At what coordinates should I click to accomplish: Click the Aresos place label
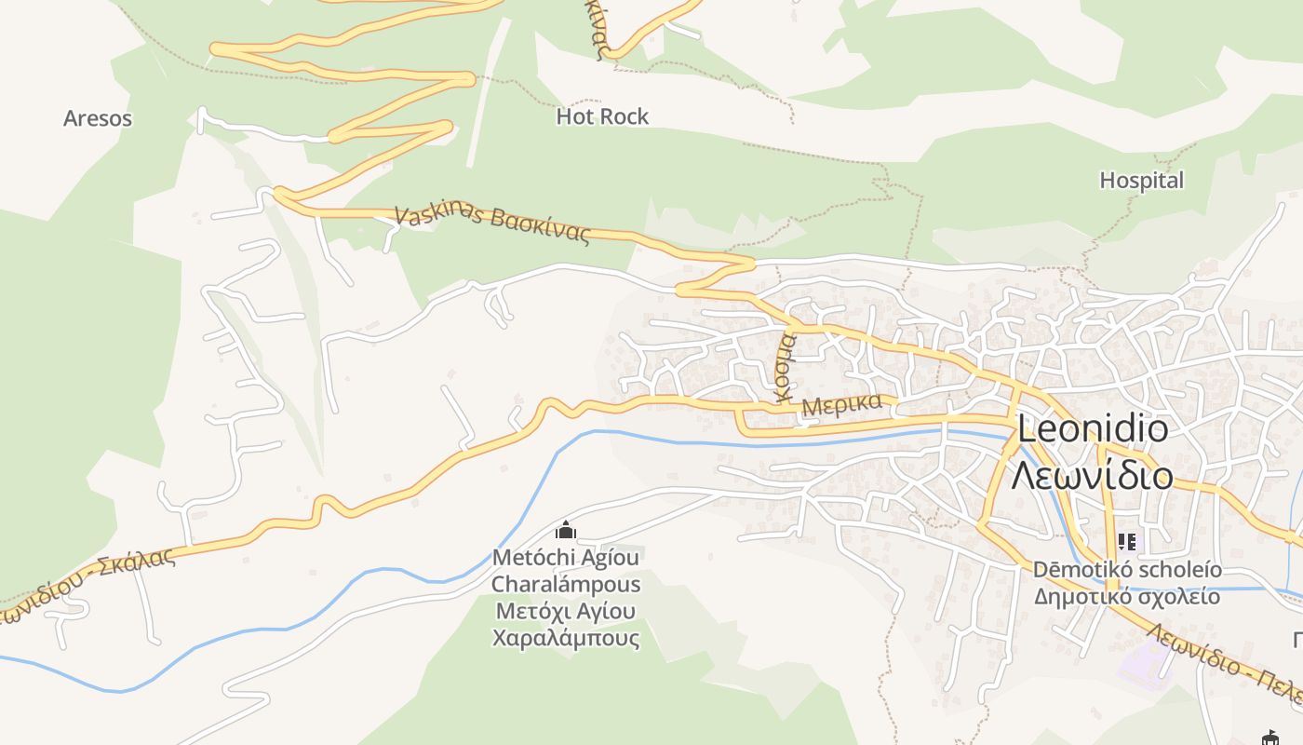coord(98,119)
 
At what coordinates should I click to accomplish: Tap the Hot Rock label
coord(602,116)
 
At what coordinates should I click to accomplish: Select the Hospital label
coord(1141,181)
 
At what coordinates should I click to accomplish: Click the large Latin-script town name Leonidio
coord(1093,429)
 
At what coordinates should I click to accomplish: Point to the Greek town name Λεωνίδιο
coord(1092,475)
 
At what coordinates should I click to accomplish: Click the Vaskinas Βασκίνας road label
coord(492,224)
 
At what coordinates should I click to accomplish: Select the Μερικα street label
coord(840,405)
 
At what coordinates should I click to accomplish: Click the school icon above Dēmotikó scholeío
coord(1127,541)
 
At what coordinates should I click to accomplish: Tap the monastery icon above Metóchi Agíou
coord(565,531)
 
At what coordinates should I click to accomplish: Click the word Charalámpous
coord(566,585)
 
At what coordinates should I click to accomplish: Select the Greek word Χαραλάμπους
coord(566,638)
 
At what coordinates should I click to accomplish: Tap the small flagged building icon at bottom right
coord(1269,738)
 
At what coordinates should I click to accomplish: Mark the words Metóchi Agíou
coord(566,558)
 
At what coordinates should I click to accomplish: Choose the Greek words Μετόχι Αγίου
coord(566,612)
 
